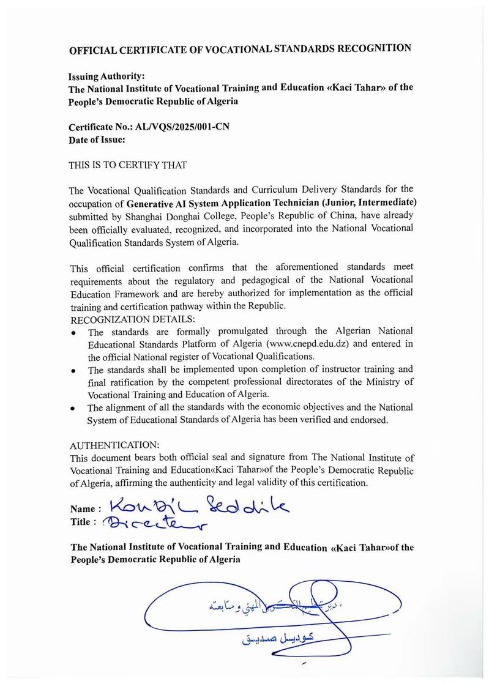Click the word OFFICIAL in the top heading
(100, 51)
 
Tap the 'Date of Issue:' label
(98, 139)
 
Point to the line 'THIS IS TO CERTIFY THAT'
(129, 165)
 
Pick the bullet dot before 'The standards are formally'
(73, 333)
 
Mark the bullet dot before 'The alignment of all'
(73, 408)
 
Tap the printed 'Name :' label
(86, 509)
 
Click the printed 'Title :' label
(84, 522)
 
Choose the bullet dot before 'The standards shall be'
(73, 371)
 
